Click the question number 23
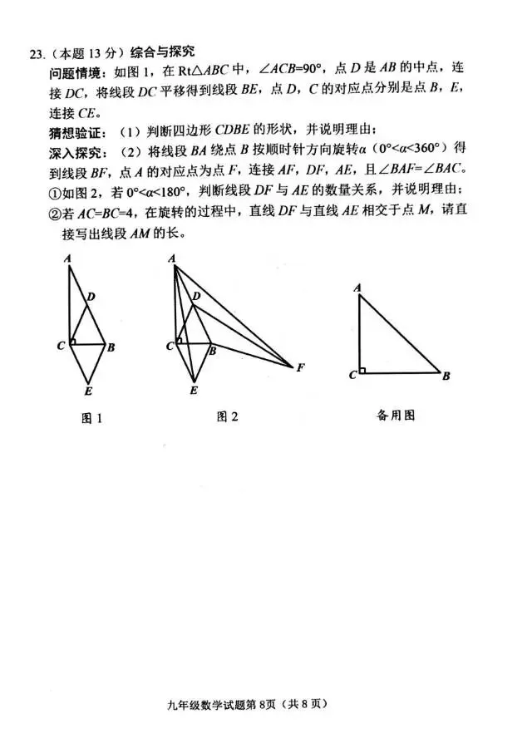36,55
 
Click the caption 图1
91,418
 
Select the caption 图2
227,416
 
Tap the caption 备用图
396,415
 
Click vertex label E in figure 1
89,389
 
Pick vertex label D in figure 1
91,296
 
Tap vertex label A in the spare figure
357,288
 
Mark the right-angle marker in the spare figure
363,371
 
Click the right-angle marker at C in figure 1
73,341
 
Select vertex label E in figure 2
194,389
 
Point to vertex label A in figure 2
171,258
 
